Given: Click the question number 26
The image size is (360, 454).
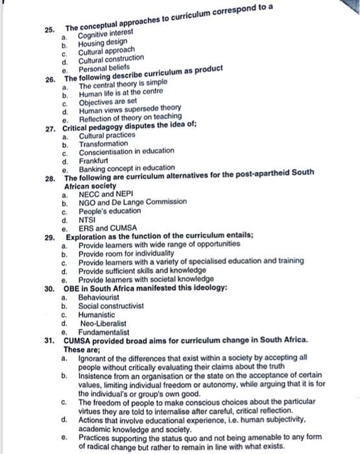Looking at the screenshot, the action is pyautogui.click(x=50, y=80).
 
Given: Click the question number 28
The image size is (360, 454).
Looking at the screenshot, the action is pyautogui.click(x=50, y=177).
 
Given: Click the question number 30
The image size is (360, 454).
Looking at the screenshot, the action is pyautogui.click(x=50, y=289).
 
